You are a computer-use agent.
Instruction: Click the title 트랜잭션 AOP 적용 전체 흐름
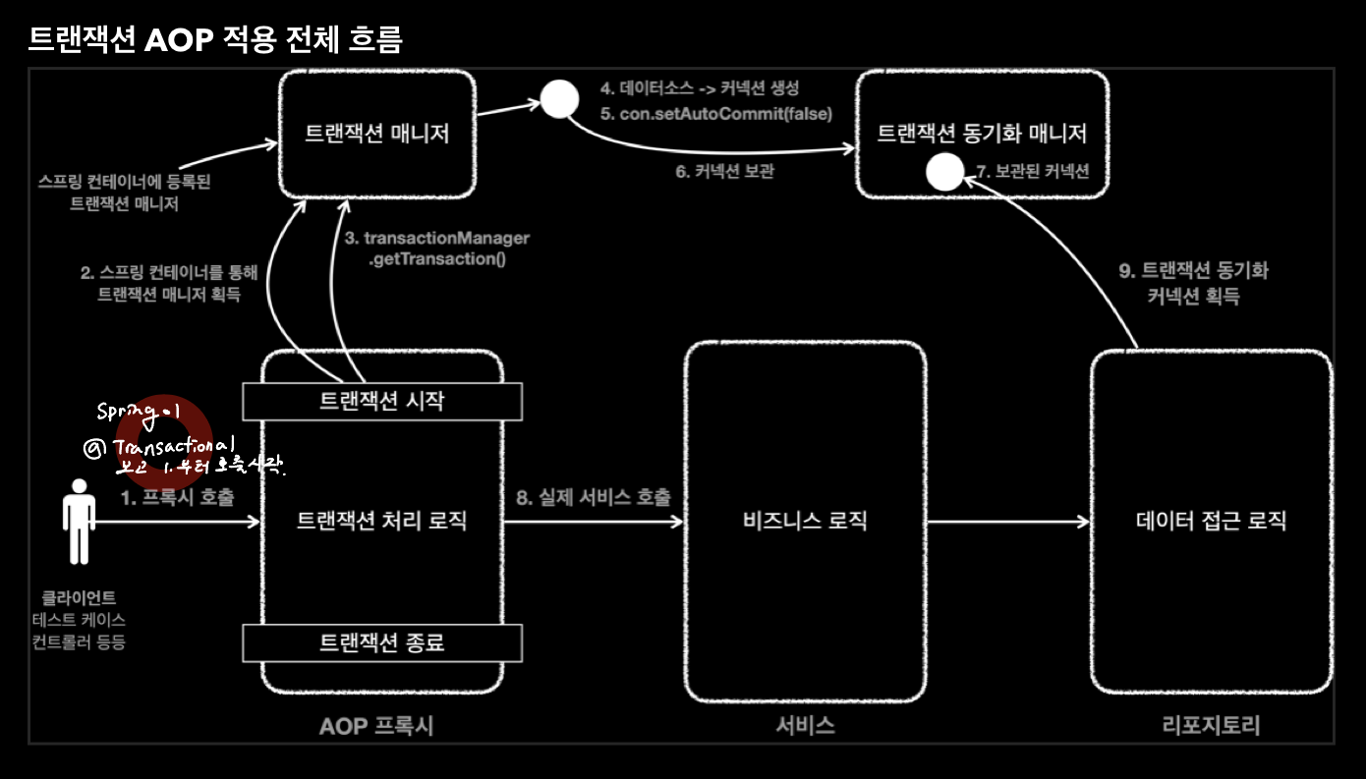pyautogui.click(x=215, y=38)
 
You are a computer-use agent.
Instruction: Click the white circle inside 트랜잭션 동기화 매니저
pyautogui.click(x=944, y=174)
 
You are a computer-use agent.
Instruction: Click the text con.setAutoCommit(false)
pyautogui.click(x=725, y=114)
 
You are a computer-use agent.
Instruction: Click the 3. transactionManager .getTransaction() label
pyautogui.click(x=436, y=250)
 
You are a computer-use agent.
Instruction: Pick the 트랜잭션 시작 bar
pyautogui.click(x=382, y=401)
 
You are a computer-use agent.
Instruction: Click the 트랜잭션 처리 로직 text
pyautogui.click(x=381, y=521)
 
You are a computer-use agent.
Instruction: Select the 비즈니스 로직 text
pyautogui.click(x=805, y=521)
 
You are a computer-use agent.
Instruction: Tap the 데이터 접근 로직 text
pyautogui.click(x=1211, y=521)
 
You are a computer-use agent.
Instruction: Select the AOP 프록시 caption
pyautogui.click(x=376, y=726)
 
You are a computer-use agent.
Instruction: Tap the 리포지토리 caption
pyautogui.click(x=1211, y=726)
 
